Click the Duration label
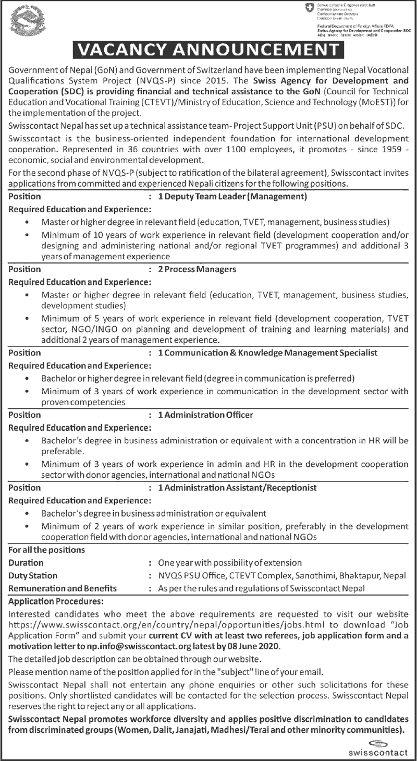click(26, 563)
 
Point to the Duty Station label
click(33, 575)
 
